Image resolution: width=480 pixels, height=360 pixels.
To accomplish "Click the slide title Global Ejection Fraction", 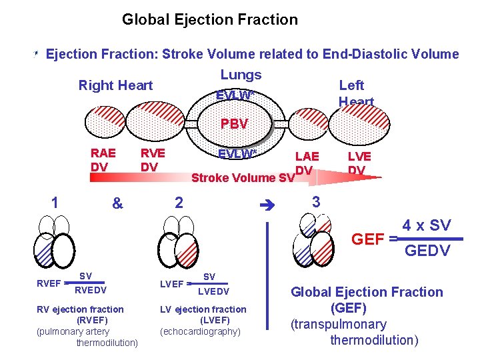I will [x=209, y=20].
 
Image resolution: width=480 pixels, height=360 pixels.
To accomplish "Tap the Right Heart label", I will [x=115, y=85].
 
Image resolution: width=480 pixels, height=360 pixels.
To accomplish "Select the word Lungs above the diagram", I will [x=241, y=75].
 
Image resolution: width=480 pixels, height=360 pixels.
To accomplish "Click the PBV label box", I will [x=234, y=124].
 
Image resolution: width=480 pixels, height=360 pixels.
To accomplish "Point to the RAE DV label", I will [x=103, y=159].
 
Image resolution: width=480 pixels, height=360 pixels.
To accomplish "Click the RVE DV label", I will [x=152, y=159].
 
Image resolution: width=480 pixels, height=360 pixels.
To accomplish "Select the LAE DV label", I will [x=306, y=163].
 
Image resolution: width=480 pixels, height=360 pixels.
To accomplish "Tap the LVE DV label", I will [x=359, y=163].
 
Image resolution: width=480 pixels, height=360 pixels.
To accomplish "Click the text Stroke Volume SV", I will [x=243, y=178].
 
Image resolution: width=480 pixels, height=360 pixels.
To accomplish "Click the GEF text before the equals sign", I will [x=367, y=239].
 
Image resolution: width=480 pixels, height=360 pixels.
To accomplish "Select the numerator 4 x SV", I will [x=427, y=226].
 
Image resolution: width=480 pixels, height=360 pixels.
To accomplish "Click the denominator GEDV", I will [x=427, y=251].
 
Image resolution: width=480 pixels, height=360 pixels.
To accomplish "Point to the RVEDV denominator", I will [x=89, y=290].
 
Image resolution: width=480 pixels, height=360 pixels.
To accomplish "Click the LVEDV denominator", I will [x=214, y=291].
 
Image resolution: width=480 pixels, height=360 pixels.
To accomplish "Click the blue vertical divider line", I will [x=267, y=280].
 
